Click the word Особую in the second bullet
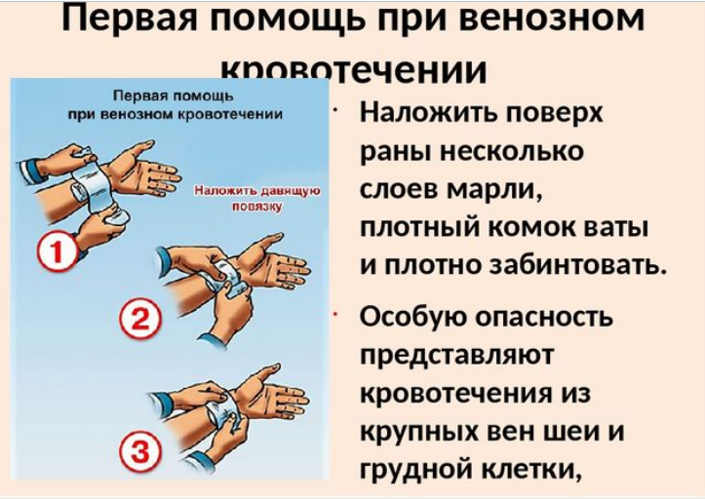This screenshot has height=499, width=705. (x=414, y=318)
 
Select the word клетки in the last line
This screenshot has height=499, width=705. (x=529, y=469)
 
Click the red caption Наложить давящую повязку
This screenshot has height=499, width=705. (x=257, y=199)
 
